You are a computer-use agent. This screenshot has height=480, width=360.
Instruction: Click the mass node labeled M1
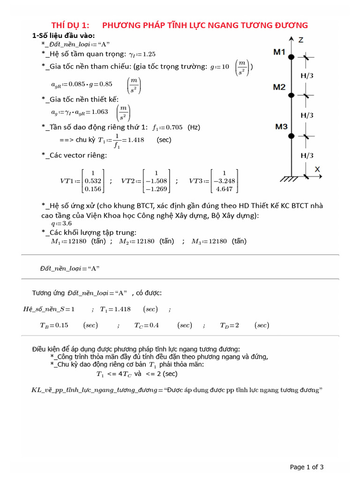tap(291, 57)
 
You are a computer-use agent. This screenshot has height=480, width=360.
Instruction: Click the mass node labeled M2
tap(291, 95)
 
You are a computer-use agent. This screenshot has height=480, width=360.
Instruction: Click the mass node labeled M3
tap(291, 136)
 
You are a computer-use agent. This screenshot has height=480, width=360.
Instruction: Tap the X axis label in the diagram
tap(317, 169)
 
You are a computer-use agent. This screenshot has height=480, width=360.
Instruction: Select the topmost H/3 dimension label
tap(307, 75)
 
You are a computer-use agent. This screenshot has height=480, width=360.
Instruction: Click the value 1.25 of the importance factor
tap(149, 54)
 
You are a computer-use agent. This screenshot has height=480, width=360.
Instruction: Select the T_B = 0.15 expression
tap(54, 325)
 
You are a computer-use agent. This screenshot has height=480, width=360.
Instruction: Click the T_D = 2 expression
tap(230, 325)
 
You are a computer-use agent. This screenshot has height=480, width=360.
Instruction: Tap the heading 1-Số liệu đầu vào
tap(63, 36)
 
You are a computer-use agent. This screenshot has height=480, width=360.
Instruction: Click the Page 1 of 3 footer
tap(307, 467)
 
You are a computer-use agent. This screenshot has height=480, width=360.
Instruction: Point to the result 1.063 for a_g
tap(99, 112)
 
